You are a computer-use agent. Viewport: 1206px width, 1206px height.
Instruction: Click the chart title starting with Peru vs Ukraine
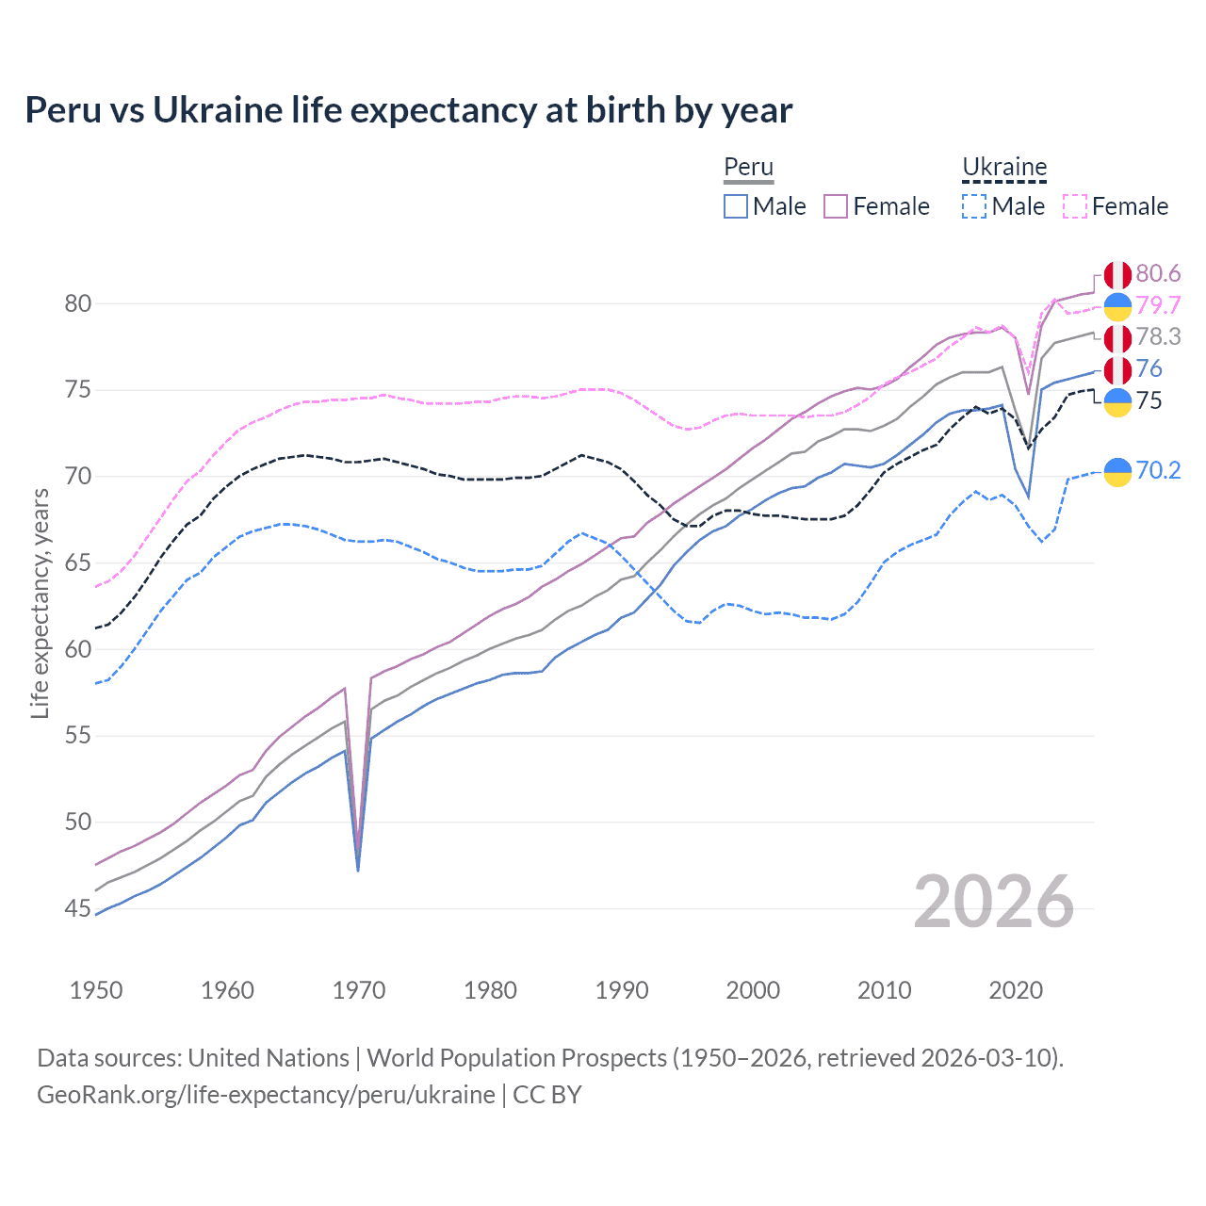coord(408,110)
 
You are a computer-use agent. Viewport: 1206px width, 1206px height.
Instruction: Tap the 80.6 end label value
coord(1158,273)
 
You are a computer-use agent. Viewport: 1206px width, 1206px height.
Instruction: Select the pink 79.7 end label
coord(1158,305)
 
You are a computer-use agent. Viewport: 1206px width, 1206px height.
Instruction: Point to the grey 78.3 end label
coord(1158,337)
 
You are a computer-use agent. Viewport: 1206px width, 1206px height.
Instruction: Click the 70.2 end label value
coord(1158,470)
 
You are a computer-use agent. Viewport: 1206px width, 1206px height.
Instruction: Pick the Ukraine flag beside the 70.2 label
coord(1117,471)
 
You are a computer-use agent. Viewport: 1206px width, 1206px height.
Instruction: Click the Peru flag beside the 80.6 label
coord(1117,274)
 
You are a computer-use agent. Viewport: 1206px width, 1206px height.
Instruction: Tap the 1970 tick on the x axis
coord(359,990)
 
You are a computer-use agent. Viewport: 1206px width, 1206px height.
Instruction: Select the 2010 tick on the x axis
coord(884,990)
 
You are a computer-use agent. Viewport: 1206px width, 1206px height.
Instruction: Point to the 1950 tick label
coord(96,990)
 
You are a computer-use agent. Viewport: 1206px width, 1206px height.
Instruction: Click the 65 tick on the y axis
coord(78,563)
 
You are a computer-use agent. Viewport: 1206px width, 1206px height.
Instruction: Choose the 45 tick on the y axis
coord(78,909)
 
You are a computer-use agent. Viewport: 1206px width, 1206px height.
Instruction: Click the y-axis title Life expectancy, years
coord(40,603)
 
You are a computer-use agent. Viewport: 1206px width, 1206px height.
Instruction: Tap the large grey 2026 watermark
coord(993,903)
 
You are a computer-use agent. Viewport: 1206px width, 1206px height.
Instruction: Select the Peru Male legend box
coord(736,206)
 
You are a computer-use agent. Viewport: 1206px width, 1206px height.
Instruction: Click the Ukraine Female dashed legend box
coord(1075,206)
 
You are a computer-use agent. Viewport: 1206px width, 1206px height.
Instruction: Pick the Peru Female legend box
coord(836,206)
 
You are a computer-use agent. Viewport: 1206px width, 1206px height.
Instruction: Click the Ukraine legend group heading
coord(1004,168)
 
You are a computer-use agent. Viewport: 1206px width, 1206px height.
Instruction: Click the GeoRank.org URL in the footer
coord(266,1095)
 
